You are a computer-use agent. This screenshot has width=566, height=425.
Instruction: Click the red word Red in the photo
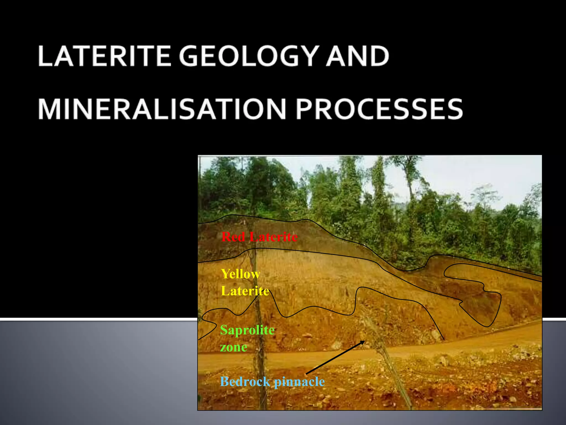point(233,237)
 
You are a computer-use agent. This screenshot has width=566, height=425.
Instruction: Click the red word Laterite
point(273,237)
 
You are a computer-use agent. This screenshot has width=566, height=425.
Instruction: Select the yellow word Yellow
point(240,274)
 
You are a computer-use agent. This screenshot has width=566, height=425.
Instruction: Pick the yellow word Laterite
point(245,291)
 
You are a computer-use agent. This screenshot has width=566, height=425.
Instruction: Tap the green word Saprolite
point(247,330)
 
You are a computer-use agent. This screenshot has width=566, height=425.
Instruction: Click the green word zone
point(234,347)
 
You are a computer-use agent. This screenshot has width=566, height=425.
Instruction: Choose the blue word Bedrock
point(245,382)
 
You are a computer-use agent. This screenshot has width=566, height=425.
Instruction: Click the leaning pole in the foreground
point(387,360)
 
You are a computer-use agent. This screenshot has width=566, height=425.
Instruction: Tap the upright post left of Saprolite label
point(258,346)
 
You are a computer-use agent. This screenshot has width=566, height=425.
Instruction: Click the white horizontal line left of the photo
point(97,319)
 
